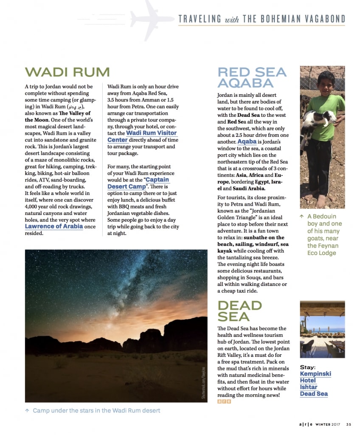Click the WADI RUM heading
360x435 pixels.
pos(67,72)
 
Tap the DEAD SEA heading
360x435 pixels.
pos(240,311)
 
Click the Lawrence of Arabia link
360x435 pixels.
pos(53,226)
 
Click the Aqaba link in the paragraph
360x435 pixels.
pos(247,141)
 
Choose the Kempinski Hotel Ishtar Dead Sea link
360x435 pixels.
pos(315,384)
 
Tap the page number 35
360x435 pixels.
pos(349,424)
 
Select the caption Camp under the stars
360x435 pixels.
pos(96,410)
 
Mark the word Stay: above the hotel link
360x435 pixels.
pos(308,367)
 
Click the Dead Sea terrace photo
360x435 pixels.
pos(322,329)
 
